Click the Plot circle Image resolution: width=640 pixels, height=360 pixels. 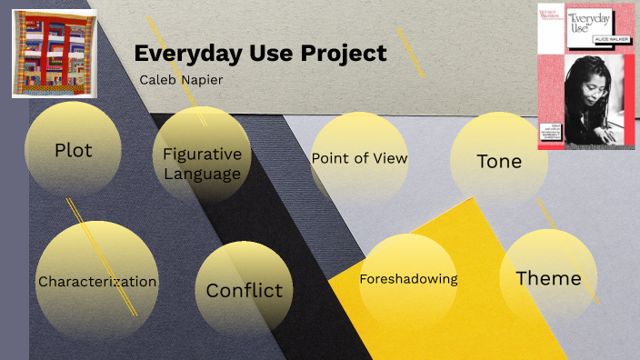tap(74, 150)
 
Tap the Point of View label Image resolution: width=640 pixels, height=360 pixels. tap(359, 158)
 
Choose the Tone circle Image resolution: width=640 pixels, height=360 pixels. tap(499, 161)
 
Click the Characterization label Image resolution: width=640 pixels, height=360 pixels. tap(97, 282)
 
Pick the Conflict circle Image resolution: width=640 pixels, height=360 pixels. tap(244, 291)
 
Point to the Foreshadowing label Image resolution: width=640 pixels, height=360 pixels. tap(408, 279)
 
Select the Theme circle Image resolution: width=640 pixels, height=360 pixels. tap(548, 278)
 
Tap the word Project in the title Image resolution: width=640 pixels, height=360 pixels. tap(344, 54)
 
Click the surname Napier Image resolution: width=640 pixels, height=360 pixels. tap(202, 80)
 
